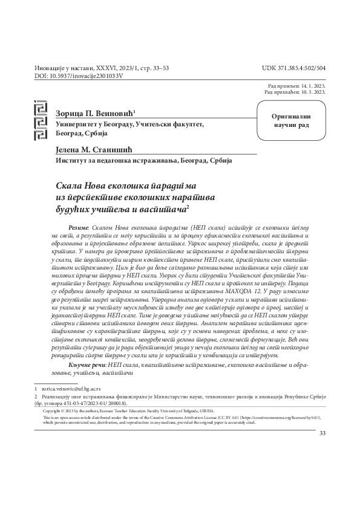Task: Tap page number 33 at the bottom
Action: (x=322, y=432)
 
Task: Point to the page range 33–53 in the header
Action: (x=157, y=68)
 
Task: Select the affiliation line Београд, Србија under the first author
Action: (x=81, y=133)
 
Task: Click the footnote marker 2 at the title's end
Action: (x=188, y=206)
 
